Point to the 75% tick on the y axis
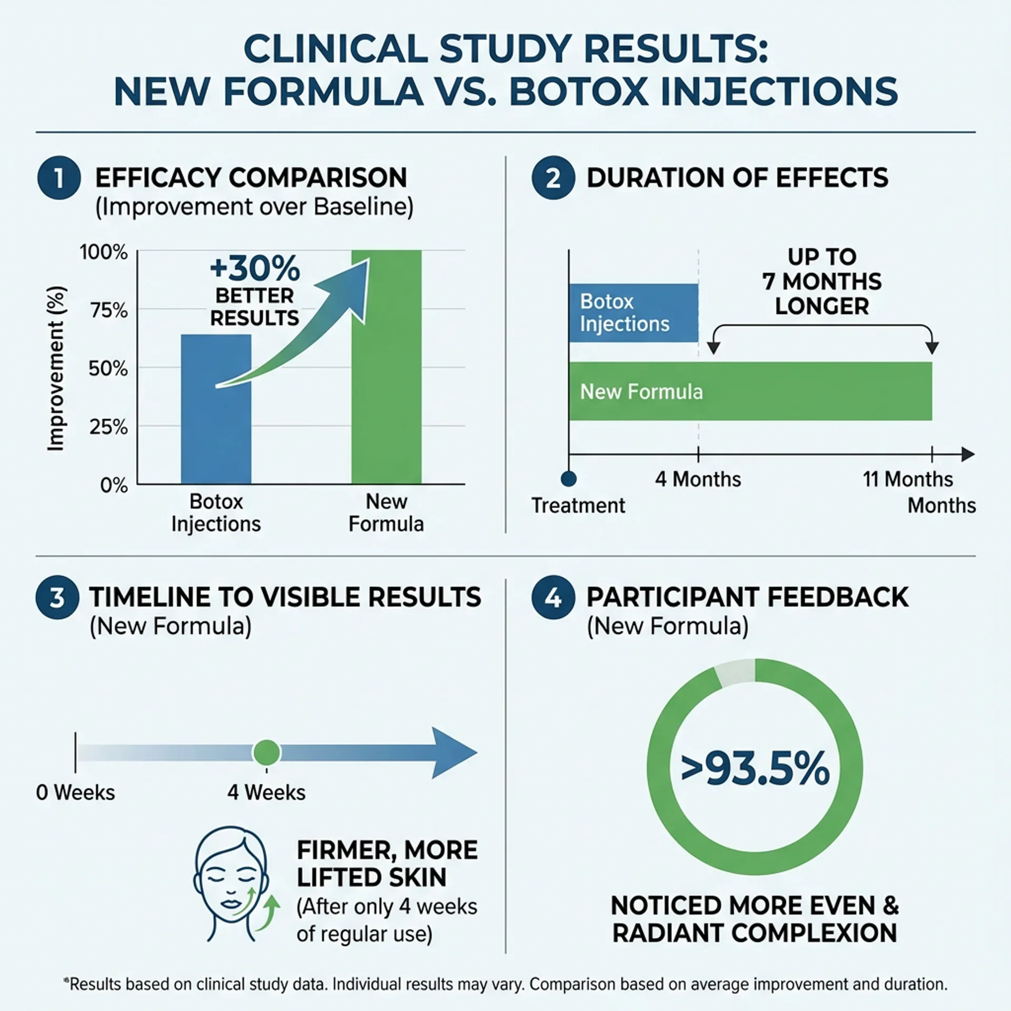point(108,311)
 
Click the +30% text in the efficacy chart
point(255,269)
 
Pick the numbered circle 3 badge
point(57,598)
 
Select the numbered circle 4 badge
point(553,598)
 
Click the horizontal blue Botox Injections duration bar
point(633,313)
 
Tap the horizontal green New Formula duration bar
point(750,391)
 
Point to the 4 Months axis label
point(698,479)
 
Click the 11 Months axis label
point(907,479)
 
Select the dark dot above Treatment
point(569,479)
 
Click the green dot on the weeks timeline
point(266,753)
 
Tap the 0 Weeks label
point(75,792)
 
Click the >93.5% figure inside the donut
point(755,770)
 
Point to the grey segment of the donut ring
point(735,672)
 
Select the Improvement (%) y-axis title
point(56,369)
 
